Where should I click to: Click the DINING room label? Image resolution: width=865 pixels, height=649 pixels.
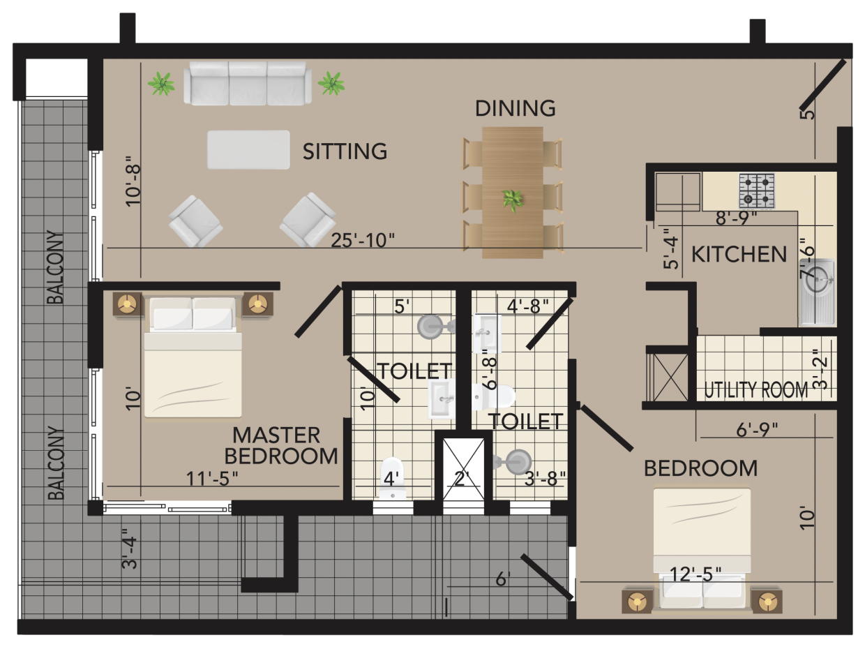click(515, 108)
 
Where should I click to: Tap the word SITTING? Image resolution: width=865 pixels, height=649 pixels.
click(345, 151)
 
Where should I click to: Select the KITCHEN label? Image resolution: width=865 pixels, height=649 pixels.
click(739, 254)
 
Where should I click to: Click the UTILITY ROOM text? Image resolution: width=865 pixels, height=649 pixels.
click(756, 390)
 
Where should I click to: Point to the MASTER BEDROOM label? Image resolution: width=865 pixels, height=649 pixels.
click(281, 446)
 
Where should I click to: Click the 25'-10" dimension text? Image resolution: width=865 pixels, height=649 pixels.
click(363, 240)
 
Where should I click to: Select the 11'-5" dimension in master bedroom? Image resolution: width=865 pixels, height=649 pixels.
click(212, 479)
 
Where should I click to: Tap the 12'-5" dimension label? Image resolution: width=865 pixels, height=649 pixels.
click(695, 574)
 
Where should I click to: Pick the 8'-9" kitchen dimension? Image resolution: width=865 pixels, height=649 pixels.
click(736, 218)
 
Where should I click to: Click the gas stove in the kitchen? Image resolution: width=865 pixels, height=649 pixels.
click(757, 191)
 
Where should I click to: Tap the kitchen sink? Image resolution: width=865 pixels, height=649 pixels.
click(817, 292)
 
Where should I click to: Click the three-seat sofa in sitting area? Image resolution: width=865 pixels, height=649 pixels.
click(248, 83)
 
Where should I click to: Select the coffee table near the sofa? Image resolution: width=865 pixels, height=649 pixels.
click(248, 150)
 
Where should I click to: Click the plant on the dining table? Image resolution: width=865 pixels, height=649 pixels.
click(512, 200)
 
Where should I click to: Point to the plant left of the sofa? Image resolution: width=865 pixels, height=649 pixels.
click(161, 84)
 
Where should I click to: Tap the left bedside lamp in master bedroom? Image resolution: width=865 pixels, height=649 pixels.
click(127, 304)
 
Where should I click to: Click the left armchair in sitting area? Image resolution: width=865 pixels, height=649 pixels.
click(195, 221)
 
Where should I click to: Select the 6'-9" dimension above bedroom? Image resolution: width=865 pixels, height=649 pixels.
click(757, 429)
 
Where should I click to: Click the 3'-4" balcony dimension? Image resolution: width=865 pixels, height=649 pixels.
click(130, 549)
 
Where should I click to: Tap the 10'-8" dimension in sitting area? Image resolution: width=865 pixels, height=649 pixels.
click(133, 181)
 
